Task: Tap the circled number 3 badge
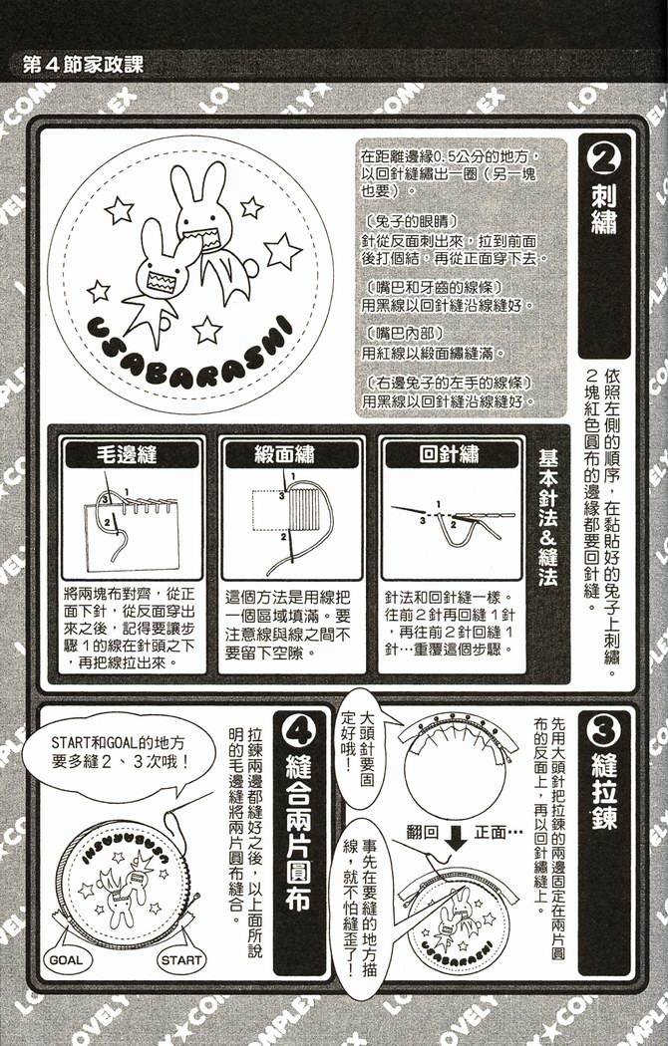click(x=604, y=735)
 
